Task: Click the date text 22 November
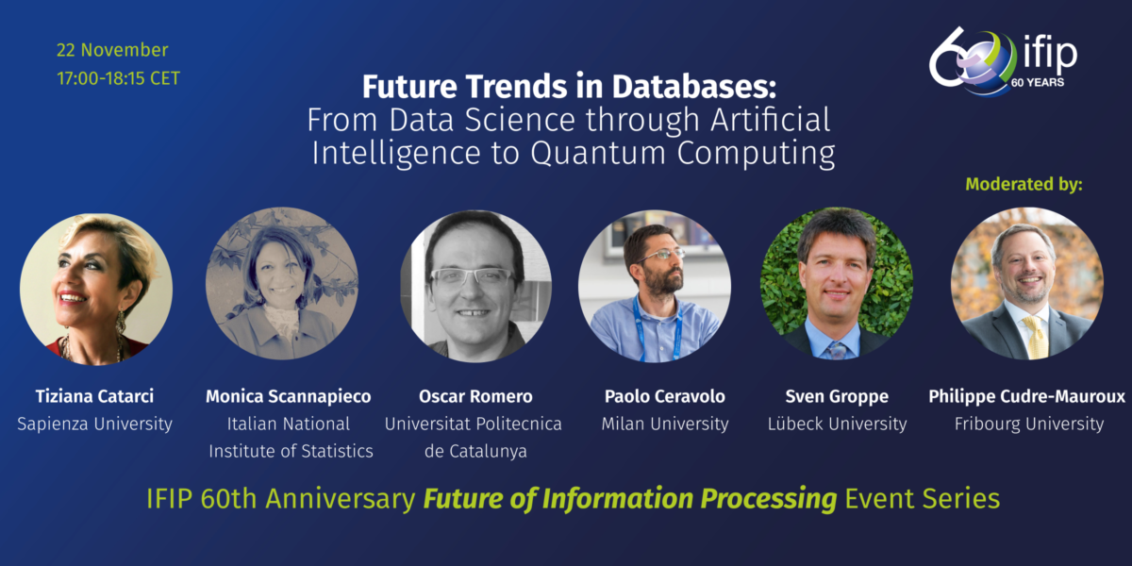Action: point(112,50)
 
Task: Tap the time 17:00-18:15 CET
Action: point(118,78)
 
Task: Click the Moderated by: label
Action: point(1024,184)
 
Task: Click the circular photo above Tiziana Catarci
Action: point(96,289)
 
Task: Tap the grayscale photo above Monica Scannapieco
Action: point(282,285)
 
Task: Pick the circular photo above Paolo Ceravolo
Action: point(654,286)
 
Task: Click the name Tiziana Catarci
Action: point(94,396)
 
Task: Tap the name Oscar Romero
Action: point(475,396)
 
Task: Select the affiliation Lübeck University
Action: point(837,424)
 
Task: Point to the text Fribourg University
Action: point(1026,424)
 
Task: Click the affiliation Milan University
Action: point(665,424)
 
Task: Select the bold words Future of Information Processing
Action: point(629,498)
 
